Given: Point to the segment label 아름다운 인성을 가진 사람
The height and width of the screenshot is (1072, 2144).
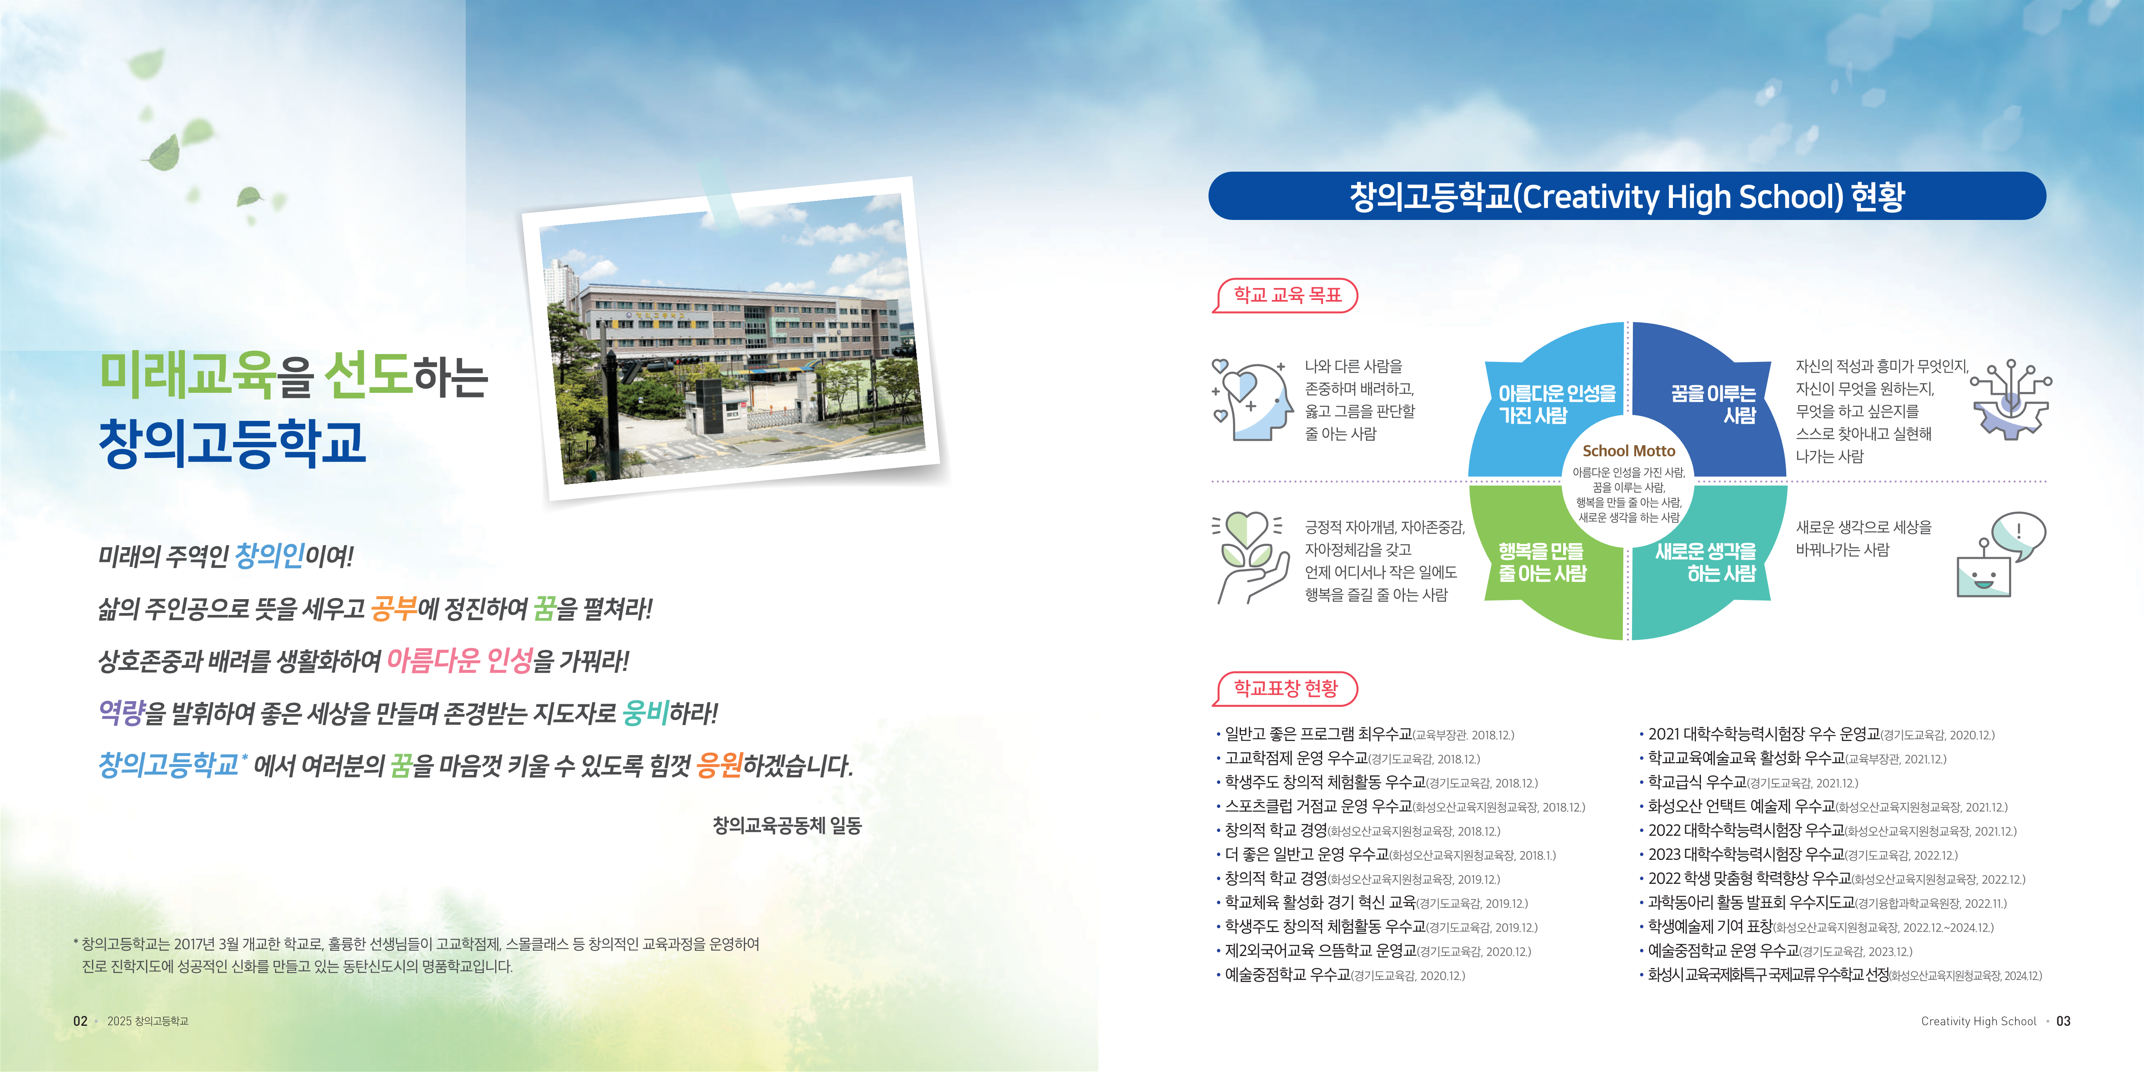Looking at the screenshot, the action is pos(1557,404).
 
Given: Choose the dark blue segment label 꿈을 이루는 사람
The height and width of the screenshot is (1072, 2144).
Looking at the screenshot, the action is pos(1713,404).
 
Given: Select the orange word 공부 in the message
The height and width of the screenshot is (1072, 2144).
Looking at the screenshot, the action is pos(394,608).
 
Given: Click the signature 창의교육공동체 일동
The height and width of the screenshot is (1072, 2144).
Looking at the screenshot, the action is pos(787,826).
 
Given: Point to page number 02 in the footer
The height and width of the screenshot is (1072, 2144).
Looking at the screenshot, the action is pos(80,1021).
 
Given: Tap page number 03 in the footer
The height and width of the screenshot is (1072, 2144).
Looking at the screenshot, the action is pos(2063,1021).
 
